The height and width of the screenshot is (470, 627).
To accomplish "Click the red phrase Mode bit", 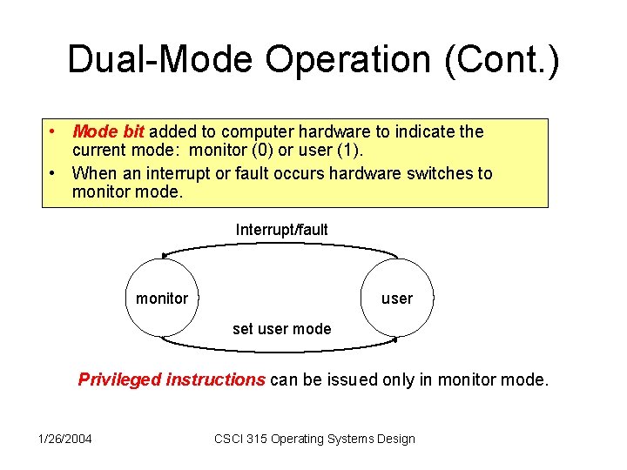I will [x=108, y=131].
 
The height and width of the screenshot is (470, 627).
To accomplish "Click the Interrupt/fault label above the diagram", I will [x=281, y=230].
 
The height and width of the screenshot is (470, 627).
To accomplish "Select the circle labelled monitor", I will [x=162, y=298].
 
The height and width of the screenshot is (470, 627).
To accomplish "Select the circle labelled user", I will [x=397, y=298].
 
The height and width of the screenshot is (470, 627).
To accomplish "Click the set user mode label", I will [x=281, y=329].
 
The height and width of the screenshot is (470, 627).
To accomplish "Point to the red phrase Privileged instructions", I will [x=172, y=379].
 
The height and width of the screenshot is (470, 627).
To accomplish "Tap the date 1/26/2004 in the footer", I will [x=64, y=438].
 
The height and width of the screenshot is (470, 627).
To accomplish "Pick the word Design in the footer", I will [x=395, y=438].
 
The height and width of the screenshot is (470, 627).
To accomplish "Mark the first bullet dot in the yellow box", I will [x=54, y=131].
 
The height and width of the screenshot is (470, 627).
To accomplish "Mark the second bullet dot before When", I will [x=54, y=173].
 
